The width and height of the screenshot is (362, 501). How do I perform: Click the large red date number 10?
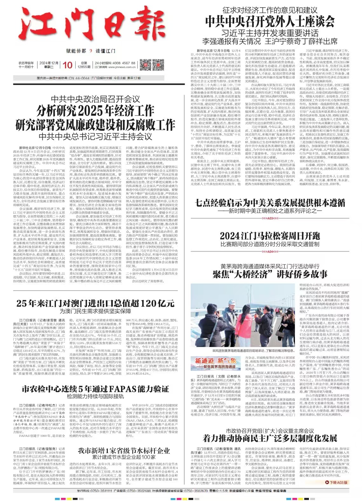coord(67,65)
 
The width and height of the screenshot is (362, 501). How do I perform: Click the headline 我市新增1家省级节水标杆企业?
coord(124,451)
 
